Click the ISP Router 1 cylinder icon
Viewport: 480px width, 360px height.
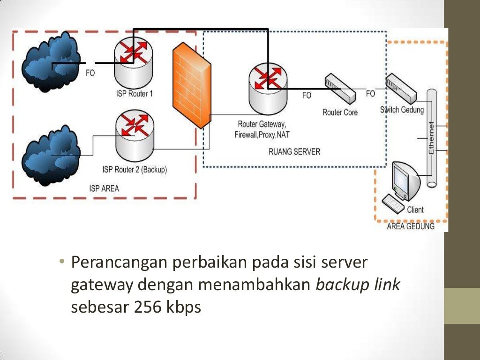pos(134,63)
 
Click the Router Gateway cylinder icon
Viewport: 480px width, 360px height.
pos(268,89)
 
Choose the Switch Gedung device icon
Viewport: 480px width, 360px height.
pos(401,89)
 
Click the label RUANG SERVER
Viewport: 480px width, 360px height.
pos(294,152)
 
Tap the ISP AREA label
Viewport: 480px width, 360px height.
pos(104,188)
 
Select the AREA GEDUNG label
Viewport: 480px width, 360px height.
pos(410,226)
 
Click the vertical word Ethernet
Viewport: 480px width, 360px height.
pos(431,138)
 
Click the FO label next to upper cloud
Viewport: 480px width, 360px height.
pos(90,73)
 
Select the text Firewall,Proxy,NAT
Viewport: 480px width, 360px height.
pos(262,135)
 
